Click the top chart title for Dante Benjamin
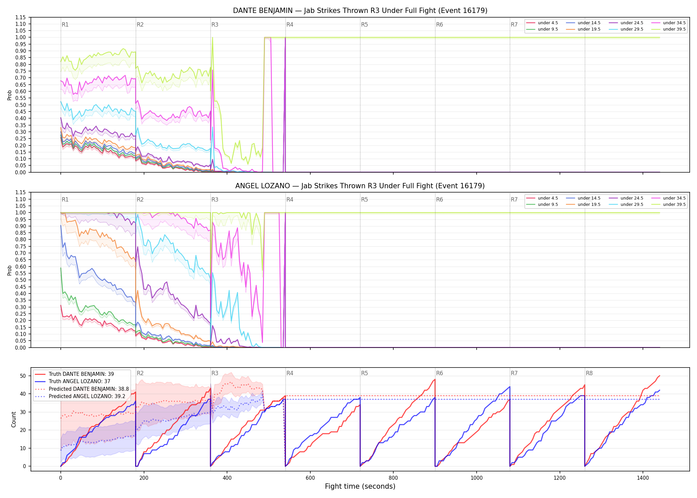(x=360, y=11)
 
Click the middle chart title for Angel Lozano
(x=360, y=186)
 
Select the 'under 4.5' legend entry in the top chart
(x=542, y=23)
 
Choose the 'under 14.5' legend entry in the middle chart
(x=583, y=198)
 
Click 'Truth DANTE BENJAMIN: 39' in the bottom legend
(x=74, y=374)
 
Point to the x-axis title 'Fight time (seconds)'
(x=360, y=486)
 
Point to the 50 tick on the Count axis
(x=23, y=376)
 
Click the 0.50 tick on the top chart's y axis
(x=21, y=105)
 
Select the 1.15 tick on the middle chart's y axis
(x=21, y=193)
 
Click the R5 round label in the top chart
(x=364, y=25)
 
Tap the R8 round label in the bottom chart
(x=589, y=373)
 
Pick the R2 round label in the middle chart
(x=140, y=200)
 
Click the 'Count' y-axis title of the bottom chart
(x=14, y=419)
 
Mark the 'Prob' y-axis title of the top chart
(x=10, y=95)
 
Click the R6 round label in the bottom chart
(x=439, y=373)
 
